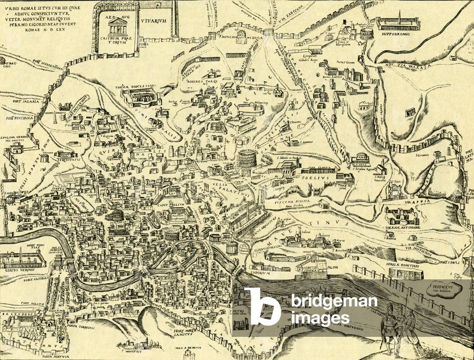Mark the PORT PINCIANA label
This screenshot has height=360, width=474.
[x=20, y=118]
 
